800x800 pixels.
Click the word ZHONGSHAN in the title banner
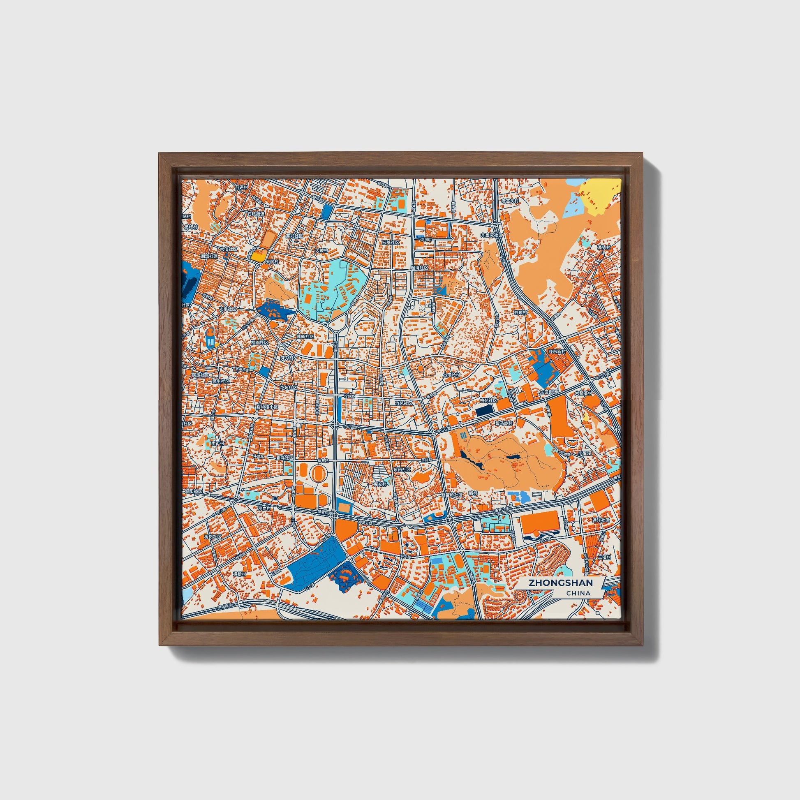pyautogui.click(x=560, y=583)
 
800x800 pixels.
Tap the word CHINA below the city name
pyautogui.click(x=578, y=593)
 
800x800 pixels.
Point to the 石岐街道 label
pyautogui.click(x=255, y=214)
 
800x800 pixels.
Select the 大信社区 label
pyautogui.click(x=229, y=249)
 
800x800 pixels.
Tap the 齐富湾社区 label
pyautogui.click(x=491, y=235)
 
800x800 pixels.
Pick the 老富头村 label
pyautogui.click(x=510, y=201)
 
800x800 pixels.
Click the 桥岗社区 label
pyautogui.click(x=213, y=536)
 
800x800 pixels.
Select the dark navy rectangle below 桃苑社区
pyautogui.click(x=483, y=411)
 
